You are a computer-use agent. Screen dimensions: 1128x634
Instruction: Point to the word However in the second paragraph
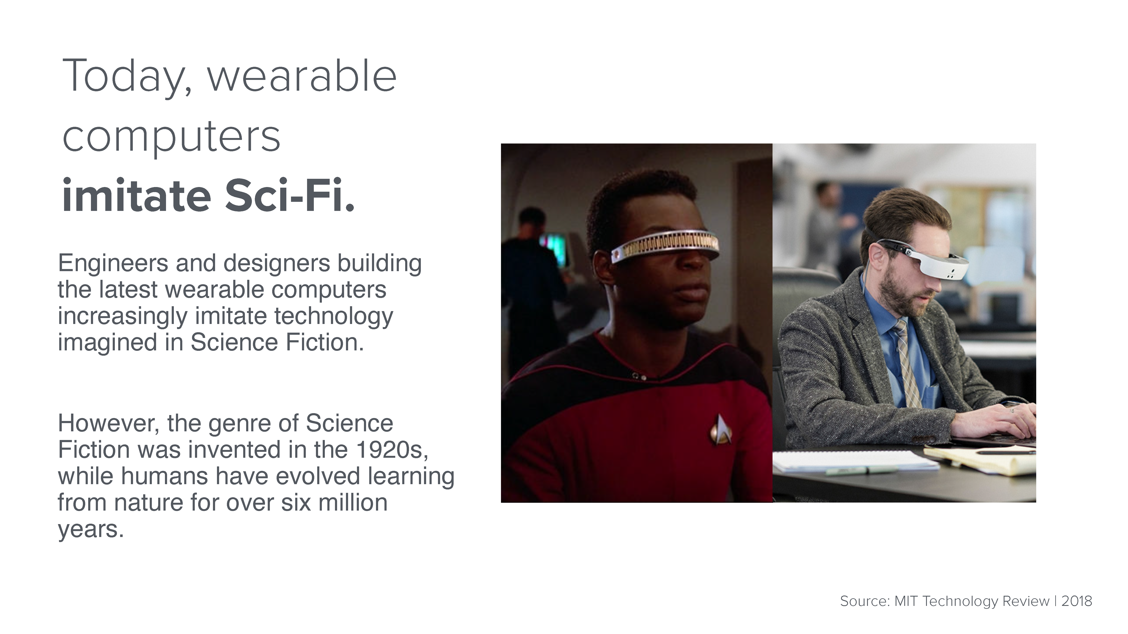point(109,424)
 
